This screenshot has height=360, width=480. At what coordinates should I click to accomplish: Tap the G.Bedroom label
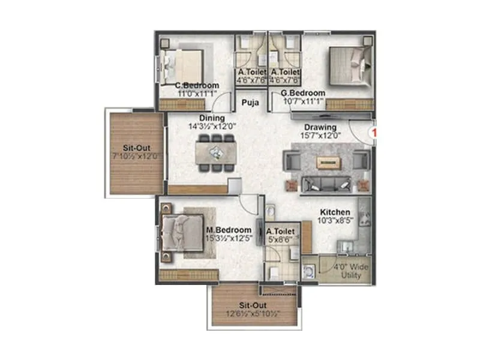coord(303,93)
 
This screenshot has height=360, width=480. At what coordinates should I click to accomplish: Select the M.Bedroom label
coord(229,230)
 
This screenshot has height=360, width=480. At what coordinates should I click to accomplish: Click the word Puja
coord(250,103)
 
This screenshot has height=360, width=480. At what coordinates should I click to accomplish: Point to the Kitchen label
coord(334,212)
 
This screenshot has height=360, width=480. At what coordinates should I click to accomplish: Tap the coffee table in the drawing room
coord(327,161)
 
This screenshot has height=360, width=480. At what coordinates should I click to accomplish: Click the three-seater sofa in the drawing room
coord(327,184)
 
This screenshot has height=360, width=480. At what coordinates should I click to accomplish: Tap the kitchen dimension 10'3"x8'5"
coord(334,221)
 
